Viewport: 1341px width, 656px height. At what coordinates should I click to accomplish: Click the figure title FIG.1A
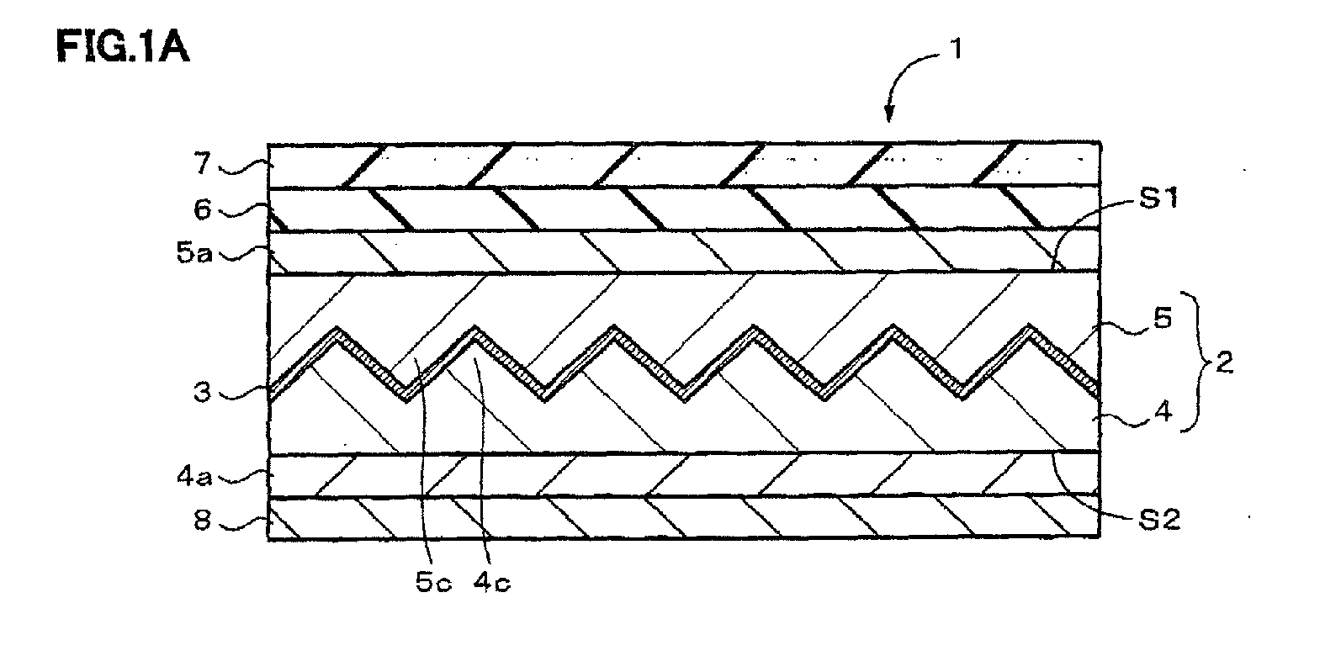123,47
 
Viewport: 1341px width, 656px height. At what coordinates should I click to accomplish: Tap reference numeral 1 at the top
957,49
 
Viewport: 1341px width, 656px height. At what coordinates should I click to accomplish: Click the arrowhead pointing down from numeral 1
889,114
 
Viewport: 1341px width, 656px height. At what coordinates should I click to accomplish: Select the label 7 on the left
203,163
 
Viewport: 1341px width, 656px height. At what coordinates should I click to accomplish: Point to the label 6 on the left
203,210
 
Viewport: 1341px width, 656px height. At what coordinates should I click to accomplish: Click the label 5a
194,253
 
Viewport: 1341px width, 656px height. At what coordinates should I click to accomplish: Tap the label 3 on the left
203,393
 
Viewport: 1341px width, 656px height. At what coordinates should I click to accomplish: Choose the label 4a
194,477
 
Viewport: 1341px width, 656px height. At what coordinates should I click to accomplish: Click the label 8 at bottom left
203,520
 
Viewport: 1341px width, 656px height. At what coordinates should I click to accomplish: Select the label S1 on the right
1159,198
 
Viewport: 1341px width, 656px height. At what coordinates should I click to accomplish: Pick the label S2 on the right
1159,520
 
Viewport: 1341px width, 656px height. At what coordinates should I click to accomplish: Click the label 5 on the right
1163,319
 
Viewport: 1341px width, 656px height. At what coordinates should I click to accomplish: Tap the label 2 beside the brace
1225,362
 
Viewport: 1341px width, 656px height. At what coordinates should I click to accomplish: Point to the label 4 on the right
1163,412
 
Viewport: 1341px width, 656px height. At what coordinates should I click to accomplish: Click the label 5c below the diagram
433,582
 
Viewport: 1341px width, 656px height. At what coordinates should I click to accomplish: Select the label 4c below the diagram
492,582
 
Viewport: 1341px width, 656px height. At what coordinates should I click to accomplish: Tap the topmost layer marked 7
684,165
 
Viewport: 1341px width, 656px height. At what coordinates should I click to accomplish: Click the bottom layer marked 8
684,518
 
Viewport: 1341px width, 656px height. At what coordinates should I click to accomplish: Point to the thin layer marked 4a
684,474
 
